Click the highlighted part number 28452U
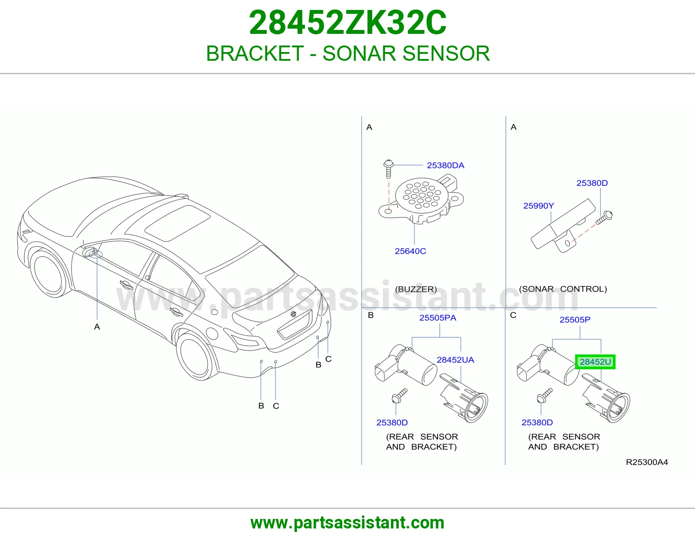pos(595,362)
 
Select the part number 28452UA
pos(456,360)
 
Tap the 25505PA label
pos(437,318)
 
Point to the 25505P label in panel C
pos(575,319)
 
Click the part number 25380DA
pos(446,165)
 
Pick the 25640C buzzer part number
pos(410,251)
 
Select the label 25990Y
pos(539,206)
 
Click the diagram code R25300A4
pos(647,462)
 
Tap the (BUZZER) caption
pos(416,289)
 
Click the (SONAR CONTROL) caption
pos(563,289)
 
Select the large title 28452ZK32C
pos(347,23)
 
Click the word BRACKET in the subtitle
pos(255,53)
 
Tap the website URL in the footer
pos(347,523)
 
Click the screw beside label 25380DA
pos(388,169)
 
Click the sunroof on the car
pos(178,223)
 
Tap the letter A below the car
pos(97,327)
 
